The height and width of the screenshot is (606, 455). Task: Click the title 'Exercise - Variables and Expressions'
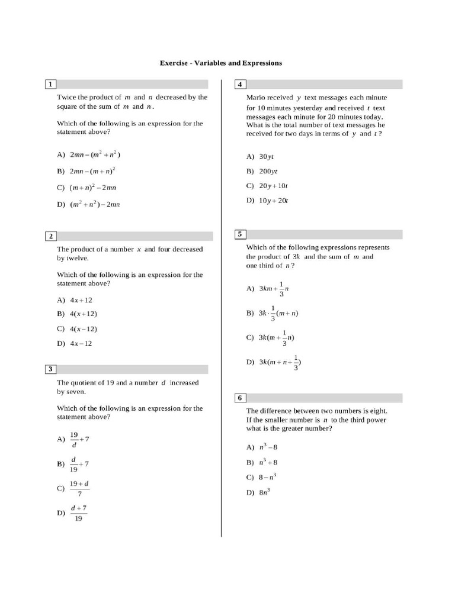(x=220, y=63)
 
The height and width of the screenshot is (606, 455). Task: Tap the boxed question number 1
(x=51, y=84)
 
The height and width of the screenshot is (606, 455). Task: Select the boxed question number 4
(x=241, y=84)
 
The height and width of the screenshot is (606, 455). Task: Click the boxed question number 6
(x=241, y=398)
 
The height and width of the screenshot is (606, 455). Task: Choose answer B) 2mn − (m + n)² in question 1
(x=86, y=171)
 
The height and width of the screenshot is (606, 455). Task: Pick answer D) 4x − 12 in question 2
(x=75, y=343)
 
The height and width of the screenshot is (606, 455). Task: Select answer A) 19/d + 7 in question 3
(x=73, y=440)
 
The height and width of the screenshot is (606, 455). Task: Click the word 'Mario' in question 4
(x=256, y=98)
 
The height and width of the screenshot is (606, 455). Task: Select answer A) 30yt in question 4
(x=260, y=157)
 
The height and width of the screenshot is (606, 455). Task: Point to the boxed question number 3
(x=51, y=369)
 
